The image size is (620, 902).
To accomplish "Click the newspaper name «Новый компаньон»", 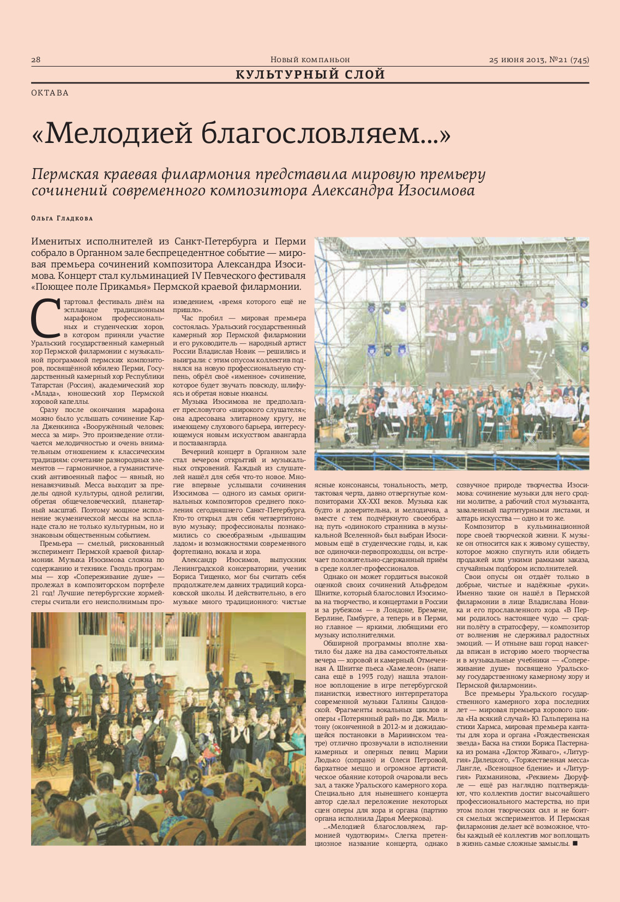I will (x=310, y=59).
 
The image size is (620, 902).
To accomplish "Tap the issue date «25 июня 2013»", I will (x=517, y=60).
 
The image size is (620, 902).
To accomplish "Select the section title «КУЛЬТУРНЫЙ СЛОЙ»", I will (x=310, y=75).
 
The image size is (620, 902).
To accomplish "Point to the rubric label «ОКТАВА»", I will (x=50, y=93).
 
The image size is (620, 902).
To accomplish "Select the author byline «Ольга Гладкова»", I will (x=62, y=218).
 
